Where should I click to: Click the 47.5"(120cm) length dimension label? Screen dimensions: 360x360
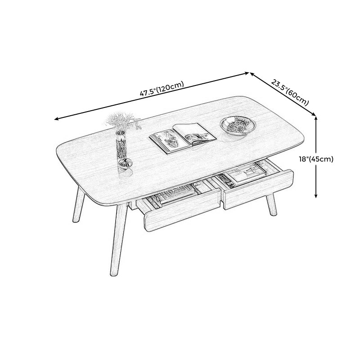coord(162,89)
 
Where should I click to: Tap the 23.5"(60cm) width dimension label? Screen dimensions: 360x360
coord(290,92)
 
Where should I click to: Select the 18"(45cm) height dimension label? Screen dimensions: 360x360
coord(316,159)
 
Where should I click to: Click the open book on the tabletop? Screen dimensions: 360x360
coord(183,138)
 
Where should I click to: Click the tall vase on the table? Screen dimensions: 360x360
coord(121,145)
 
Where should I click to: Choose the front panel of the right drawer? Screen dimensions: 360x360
coord(258,189)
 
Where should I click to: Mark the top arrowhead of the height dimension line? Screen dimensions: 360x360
coord(316,118)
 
